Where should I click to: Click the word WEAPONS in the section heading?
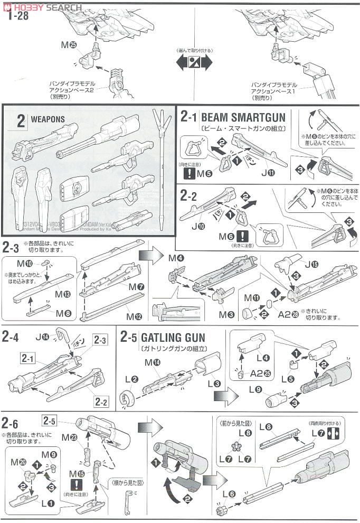point(48,120)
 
